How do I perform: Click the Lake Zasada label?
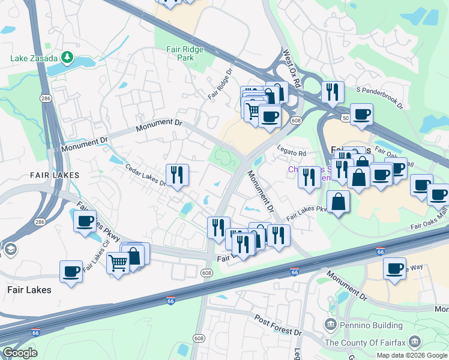34,58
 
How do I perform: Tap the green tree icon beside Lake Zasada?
68,58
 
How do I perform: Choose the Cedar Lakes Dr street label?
145,174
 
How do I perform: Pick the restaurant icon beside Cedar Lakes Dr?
177,175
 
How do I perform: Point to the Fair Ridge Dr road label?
220,84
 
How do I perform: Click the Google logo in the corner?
19,353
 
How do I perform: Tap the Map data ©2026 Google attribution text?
412,355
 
